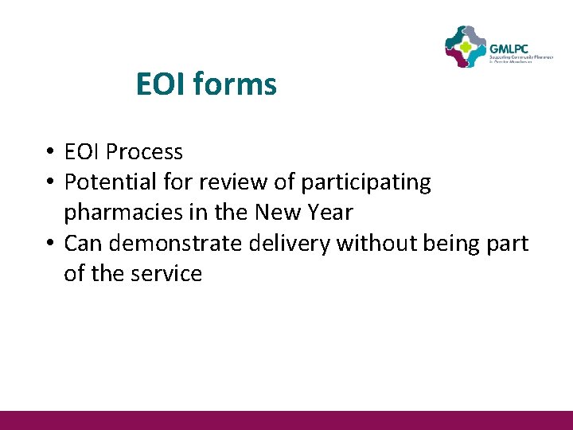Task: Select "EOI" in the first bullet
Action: (82, 151)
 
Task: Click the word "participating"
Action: (365, 182)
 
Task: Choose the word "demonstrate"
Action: (174, 243)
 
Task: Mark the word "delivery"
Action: (290, 243)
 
